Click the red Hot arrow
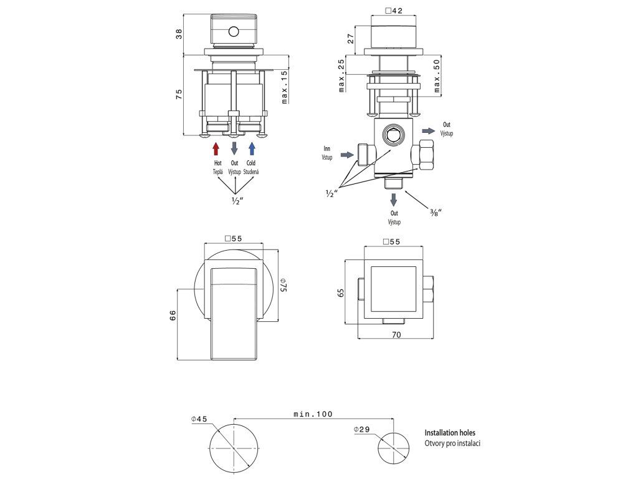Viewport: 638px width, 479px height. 216,148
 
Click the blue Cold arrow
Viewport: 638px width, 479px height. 252,148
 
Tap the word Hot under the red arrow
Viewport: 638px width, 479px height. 217,163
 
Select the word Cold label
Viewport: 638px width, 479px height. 251,163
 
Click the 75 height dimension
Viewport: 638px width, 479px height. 179,94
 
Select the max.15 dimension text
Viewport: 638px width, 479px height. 284,87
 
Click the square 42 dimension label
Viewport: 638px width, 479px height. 394,11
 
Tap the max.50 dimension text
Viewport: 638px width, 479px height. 437,75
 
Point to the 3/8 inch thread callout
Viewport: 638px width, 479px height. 436,213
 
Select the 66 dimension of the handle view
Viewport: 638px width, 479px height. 173,316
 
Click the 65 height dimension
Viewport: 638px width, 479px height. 341,293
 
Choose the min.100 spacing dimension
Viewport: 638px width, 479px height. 313,414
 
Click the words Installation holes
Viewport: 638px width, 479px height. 454,432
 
